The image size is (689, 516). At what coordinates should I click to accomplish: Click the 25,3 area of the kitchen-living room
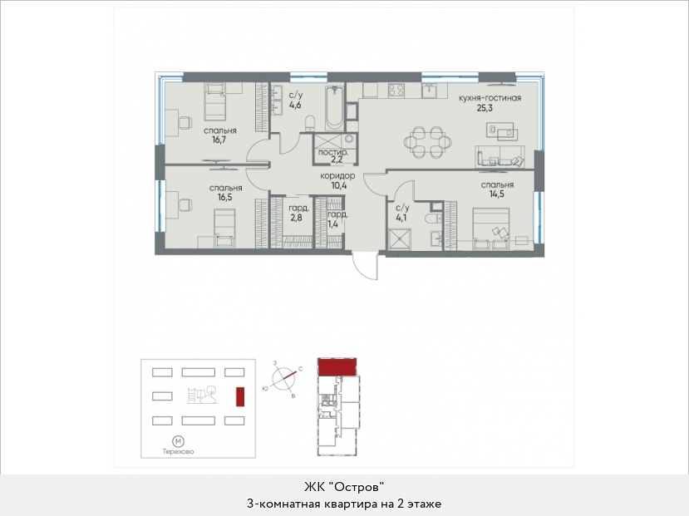click(485, 107)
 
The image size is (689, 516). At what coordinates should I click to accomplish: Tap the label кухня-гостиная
click(490, 98)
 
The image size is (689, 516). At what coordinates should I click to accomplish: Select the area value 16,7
click(219, 140)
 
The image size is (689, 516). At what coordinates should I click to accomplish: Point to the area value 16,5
click(225, 197)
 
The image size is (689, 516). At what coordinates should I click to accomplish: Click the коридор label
click(337, 176)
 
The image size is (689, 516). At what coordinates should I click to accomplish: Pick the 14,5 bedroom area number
click(496, 194)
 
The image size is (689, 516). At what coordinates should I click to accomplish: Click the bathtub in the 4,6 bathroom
click(335, 107)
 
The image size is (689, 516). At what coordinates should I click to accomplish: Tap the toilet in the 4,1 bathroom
click(431, 218)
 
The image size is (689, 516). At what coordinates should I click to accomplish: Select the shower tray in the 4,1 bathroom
click(399, 239)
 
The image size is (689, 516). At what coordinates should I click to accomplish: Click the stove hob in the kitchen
click(396, 90)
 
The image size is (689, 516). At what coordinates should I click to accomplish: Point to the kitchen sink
click(430, 90)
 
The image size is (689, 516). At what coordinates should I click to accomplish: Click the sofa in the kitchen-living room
click(500, 156)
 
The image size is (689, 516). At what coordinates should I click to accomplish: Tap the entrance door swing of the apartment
click(365, 266)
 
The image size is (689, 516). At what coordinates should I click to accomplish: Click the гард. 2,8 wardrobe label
click(298, 213)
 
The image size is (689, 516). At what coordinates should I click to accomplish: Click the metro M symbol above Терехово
click(178, 441)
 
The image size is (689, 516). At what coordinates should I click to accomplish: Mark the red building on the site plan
click(240, 396)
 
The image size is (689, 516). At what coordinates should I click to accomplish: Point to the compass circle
click(283, 378)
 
